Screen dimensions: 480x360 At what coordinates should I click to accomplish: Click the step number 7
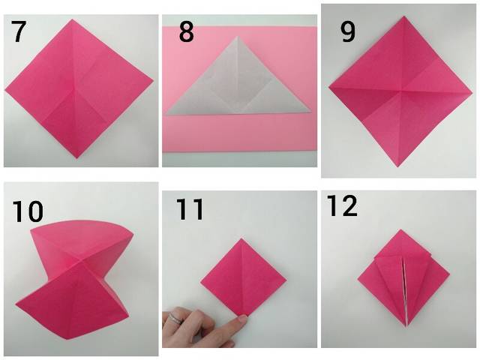18,31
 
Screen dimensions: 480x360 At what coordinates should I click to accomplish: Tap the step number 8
186,31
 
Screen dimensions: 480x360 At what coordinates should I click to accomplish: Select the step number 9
348,31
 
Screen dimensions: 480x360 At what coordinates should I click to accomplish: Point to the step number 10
28,211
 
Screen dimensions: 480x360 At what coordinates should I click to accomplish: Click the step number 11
190,209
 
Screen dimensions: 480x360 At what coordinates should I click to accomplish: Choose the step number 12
342,205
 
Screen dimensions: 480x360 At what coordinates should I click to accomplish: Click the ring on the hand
176,317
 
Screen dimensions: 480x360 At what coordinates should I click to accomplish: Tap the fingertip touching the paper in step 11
241,319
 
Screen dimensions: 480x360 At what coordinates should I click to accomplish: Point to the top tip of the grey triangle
237,37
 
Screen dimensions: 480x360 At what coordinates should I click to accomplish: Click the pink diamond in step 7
79,88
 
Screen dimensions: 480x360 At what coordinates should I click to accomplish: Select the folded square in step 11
243,277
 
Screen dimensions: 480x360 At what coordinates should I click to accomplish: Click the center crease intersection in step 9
401,91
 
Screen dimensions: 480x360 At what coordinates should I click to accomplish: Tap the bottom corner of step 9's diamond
398,166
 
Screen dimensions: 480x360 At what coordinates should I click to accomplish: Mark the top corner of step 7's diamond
72,19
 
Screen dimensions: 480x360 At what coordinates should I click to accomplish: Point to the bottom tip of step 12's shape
406,327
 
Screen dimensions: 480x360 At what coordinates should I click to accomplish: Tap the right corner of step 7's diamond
153,82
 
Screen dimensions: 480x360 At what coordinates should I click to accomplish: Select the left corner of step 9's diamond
328,87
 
